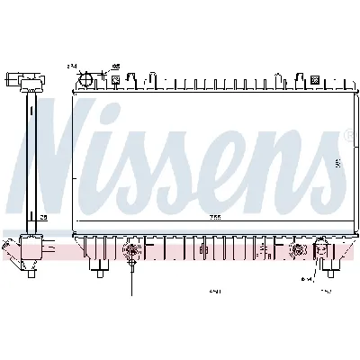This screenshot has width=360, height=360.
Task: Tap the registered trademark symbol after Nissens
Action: [347, 135]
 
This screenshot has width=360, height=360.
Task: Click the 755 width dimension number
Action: [215, 217]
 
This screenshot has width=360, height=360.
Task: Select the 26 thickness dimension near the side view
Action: [42, 217]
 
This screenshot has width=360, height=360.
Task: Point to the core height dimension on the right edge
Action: [337, 163]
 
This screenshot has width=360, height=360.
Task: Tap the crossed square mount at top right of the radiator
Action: [314, 80]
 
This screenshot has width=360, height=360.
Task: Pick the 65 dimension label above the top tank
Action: [115, 66]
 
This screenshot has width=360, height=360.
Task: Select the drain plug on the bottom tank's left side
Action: [131, 250]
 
